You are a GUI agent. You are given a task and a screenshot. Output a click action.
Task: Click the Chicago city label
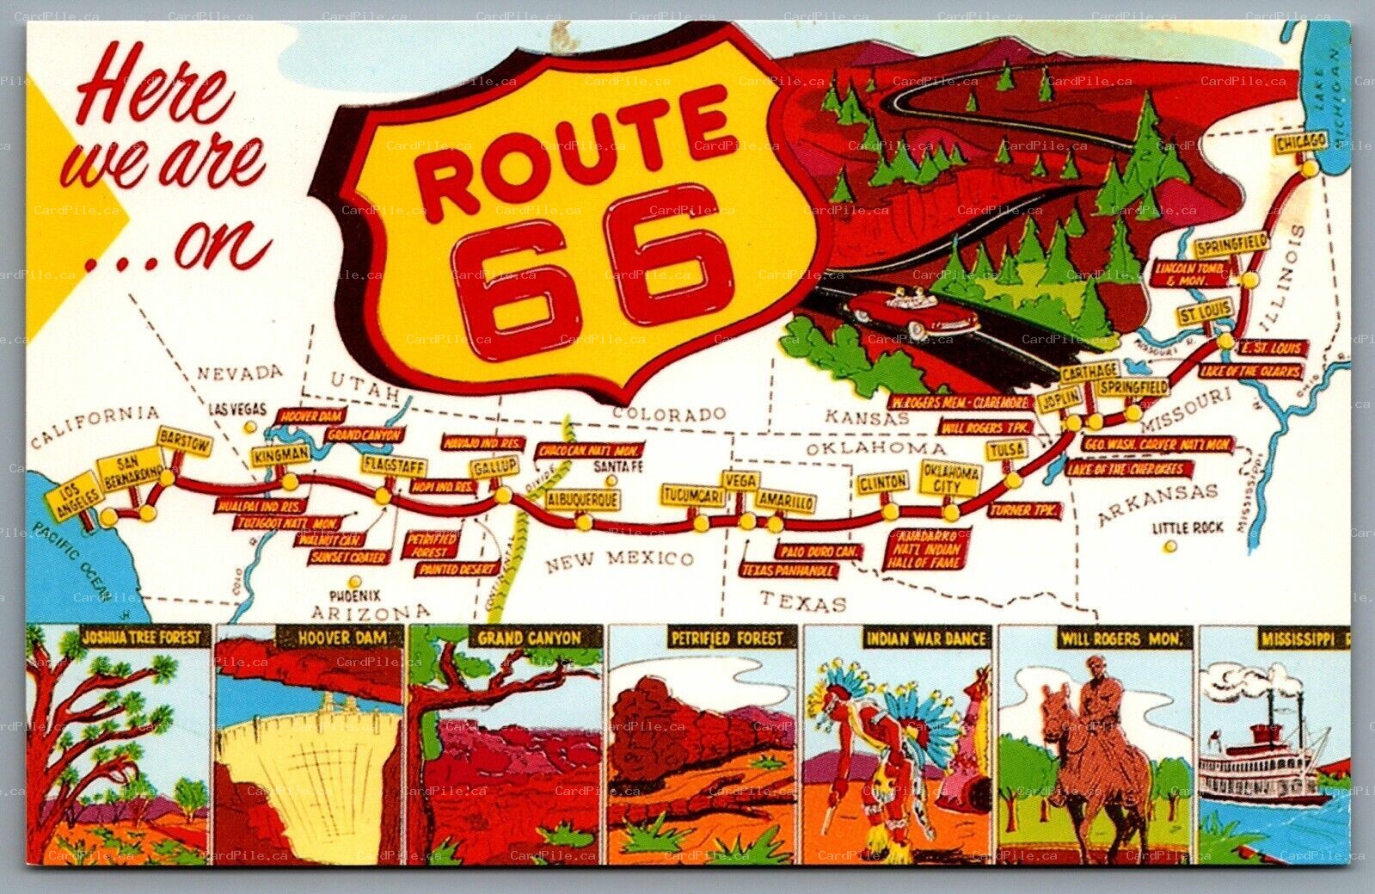coord(1301,142)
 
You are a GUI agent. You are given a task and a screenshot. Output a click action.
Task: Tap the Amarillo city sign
coord(785,500)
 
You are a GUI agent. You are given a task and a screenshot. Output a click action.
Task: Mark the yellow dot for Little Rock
coord(1168,546)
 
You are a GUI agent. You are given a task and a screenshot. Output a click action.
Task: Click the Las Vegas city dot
coord(249,427)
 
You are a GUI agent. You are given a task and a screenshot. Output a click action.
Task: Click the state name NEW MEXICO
coord(619,560)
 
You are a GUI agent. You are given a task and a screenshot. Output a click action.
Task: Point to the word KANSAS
coord(867,417)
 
